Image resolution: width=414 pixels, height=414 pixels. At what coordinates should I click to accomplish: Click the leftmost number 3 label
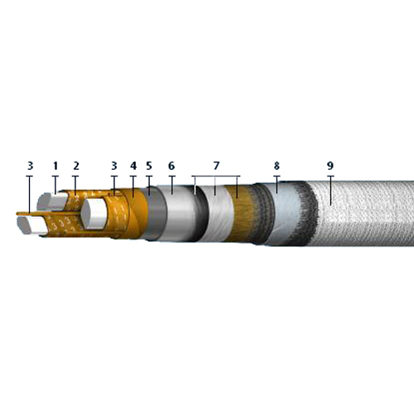[x=31, y=166]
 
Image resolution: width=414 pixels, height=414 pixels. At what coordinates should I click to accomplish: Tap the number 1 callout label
[x=55, y=166]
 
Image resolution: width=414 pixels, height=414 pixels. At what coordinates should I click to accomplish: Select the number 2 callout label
[x=76, y=166]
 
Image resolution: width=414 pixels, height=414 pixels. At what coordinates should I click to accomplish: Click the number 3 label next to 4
[x=114, y=166]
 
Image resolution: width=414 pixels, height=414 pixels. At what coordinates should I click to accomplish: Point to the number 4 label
[x=133, y=166]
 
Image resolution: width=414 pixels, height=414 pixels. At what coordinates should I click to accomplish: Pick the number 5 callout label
[x=149, y=166]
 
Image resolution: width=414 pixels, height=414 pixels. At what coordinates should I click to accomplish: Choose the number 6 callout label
[x=171, y=166]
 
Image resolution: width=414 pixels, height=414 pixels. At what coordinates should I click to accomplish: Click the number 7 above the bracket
[x=216, y=166]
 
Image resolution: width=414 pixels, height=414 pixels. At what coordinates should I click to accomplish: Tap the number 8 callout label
[x=277, y=166]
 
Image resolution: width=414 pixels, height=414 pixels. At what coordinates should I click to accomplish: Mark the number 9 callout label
[x=330, y=166]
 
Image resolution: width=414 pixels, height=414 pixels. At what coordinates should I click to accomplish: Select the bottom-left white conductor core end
[x=32, y=225]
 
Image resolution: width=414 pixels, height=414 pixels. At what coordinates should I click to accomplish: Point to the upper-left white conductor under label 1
[x=52, y=201]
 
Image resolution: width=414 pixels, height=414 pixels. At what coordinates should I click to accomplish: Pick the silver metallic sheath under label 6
[x=180, y=214]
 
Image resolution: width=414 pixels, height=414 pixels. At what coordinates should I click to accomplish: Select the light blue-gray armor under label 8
[x=284, y=214]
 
